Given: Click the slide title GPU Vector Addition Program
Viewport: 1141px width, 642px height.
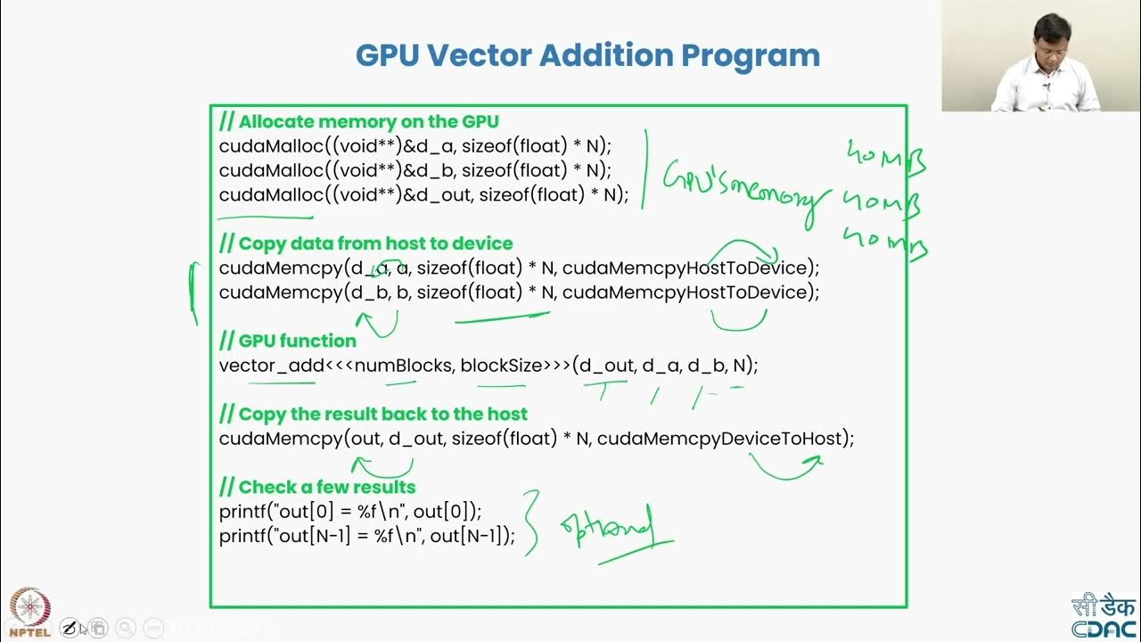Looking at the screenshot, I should coord(587,55).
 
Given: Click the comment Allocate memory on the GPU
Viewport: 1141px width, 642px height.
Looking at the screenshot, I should coord(359,121).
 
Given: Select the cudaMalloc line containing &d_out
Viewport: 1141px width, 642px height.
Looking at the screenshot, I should coord(423,194).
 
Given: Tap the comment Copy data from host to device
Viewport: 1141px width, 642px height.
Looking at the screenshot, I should coord(365,243).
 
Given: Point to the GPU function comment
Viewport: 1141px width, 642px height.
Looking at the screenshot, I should coord(288,341).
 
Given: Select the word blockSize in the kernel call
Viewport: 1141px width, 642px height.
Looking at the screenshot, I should coord(501,365).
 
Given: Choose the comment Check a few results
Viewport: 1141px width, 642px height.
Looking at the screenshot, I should coord(317,487).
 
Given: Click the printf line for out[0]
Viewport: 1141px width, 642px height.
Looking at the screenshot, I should coord(350,511).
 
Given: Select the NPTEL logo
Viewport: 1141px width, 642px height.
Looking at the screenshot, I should coord(29,611).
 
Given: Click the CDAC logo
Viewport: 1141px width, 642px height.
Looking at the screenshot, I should coord(1104,616).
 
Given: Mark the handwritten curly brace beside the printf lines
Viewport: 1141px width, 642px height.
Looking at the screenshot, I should coord(532,523).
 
